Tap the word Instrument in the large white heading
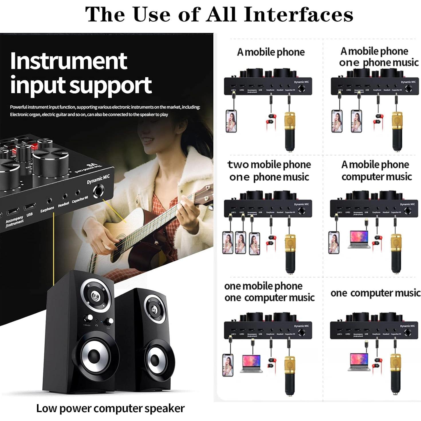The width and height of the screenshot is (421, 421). pos(69,61)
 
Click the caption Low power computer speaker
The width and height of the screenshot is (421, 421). pos(110,408)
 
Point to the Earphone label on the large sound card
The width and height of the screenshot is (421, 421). pos(47,209)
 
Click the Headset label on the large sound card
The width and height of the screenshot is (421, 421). pos(64,204)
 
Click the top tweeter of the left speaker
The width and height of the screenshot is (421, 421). pos(95,296)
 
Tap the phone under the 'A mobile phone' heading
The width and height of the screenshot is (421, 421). pos(231,121)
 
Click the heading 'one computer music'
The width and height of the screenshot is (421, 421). pos(375,293)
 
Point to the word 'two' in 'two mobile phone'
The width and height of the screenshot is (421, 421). pos(237,165)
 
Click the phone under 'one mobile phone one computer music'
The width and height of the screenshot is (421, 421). pos(228,365)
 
